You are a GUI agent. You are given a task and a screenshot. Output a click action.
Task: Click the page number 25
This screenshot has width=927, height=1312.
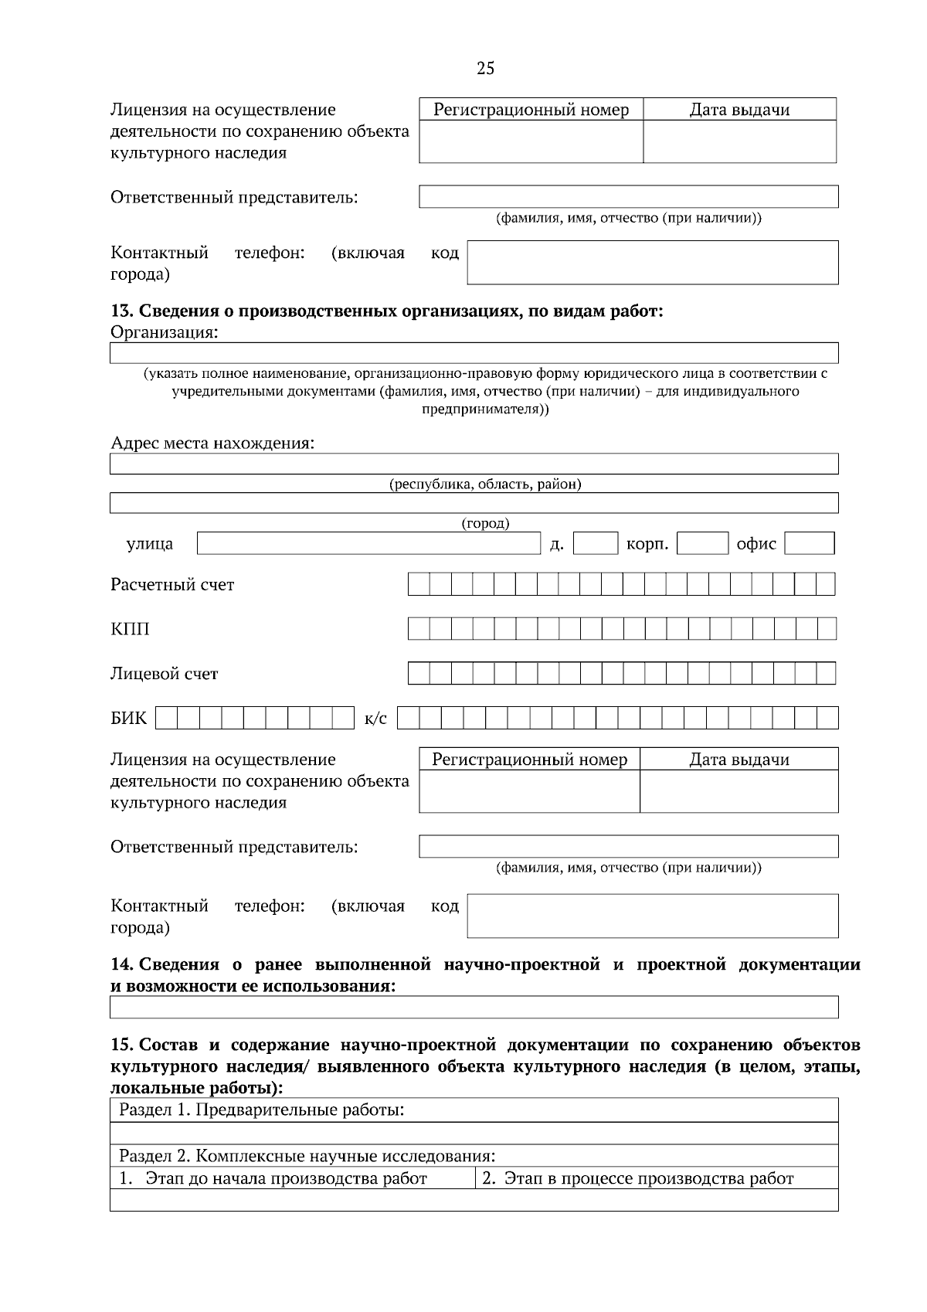485,69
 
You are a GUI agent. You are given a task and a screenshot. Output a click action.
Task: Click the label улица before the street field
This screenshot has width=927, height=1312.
150,544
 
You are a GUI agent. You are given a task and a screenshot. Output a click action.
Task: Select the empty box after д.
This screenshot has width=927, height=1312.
595,543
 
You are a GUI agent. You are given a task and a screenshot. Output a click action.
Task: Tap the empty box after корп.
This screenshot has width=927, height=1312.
702,543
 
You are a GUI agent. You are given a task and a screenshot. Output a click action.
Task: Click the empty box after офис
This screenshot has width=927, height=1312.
809,543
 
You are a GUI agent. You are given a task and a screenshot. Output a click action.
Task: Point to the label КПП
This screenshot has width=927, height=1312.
130,629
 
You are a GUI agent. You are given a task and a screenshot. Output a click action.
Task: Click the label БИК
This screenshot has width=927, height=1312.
128,719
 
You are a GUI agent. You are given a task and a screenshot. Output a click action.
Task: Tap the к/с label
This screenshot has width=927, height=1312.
375,719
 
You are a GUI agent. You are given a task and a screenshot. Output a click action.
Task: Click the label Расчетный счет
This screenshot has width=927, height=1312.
172,585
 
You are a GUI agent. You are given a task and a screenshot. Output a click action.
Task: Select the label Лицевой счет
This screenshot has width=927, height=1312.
165,674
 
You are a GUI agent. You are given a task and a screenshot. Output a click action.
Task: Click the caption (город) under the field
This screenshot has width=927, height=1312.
485,523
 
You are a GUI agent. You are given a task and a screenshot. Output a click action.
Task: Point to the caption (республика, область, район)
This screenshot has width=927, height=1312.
484,484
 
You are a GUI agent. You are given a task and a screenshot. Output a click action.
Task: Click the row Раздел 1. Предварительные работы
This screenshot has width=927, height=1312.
262,1110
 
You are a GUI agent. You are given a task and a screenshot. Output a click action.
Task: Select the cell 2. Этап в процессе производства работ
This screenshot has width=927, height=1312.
638,1178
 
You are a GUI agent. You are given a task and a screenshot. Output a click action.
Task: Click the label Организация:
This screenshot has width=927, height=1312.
165,333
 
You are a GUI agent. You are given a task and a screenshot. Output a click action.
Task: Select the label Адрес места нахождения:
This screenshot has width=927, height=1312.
212,444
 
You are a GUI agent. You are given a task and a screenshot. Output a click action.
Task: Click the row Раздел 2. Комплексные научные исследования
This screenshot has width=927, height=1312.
307,1156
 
